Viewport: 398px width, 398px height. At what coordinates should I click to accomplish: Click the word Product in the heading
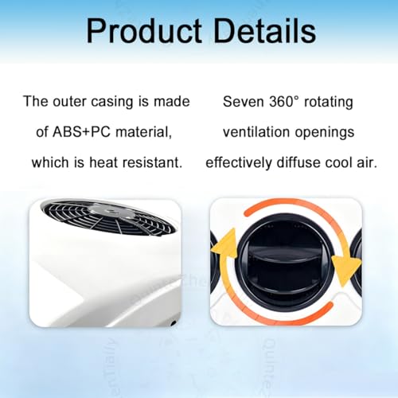[144, 30]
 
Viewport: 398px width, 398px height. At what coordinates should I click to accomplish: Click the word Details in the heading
[265, 30]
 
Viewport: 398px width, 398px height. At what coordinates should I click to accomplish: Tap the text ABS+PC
[81, 132]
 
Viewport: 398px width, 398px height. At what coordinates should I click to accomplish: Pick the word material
[143, 132]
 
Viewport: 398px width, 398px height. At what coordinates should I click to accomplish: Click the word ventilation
[256, 132]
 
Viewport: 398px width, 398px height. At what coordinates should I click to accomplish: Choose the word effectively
[239, 162]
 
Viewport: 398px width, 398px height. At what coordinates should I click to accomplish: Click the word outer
[69, 102]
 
